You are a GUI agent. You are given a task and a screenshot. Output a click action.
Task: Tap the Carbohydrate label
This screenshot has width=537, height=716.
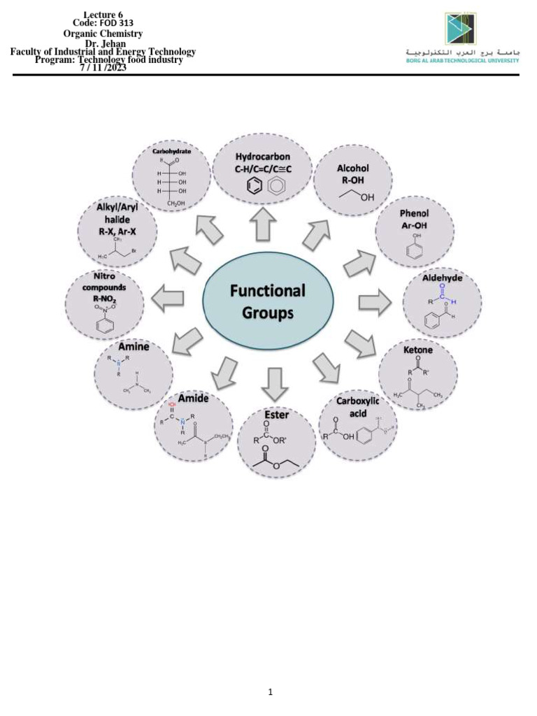click(172, 150)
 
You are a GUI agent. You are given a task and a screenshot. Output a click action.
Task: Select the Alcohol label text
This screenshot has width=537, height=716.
click(352, 169)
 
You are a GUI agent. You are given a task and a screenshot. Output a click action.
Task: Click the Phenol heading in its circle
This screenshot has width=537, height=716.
click(414, 213)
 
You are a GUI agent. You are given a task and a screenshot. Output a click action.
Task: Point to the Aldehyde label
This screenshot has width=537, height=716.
click(443, 278)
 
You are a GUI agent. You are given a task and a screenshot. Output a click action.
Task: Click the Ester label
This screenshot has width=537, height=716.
click(277, 415)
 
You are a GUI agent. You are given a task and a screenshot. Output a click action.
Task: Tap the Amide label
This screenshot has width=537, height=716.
click(194, 397)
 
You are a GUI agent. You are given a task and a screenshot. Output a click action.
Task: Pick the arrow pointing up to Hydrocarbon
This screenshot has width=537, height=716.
click(262, 223)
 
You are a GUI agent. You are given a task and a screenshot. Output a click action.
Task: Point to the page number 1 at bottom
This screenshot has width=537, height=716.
click(271, 692)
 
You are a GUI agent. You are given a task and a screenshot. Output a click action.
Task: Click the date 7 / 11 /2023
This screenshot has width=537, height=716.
click(103, 68)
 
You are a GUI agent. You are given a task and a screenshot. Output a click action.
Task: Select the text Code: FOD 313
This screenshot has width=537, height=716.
click(103, 23)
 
